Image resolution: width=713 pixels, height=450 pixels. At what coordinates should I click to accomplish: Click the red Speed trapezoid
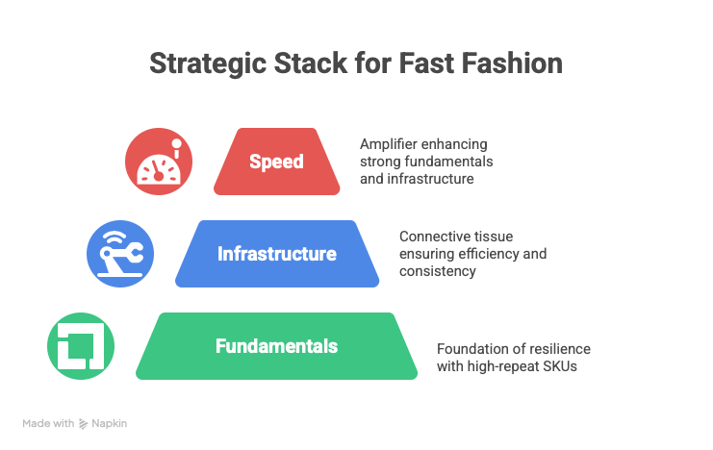pos(277,162)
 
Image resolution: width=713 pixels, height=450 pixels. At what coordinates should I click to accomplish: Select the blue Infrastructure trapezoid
pos(277,254)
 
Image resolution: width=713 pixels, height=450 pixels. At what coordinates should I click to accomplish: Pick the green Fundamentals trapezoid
pos(277,346)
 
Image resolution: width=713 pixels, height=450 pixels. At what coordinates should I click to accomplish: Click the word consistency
pos(438,272)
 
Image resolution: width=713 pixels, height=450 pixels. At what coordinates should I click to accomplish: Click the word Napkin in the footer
pos(109,423)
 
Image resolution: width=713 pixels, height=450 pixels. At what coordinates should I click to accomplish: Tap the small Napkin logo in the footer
pos(84,423)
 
